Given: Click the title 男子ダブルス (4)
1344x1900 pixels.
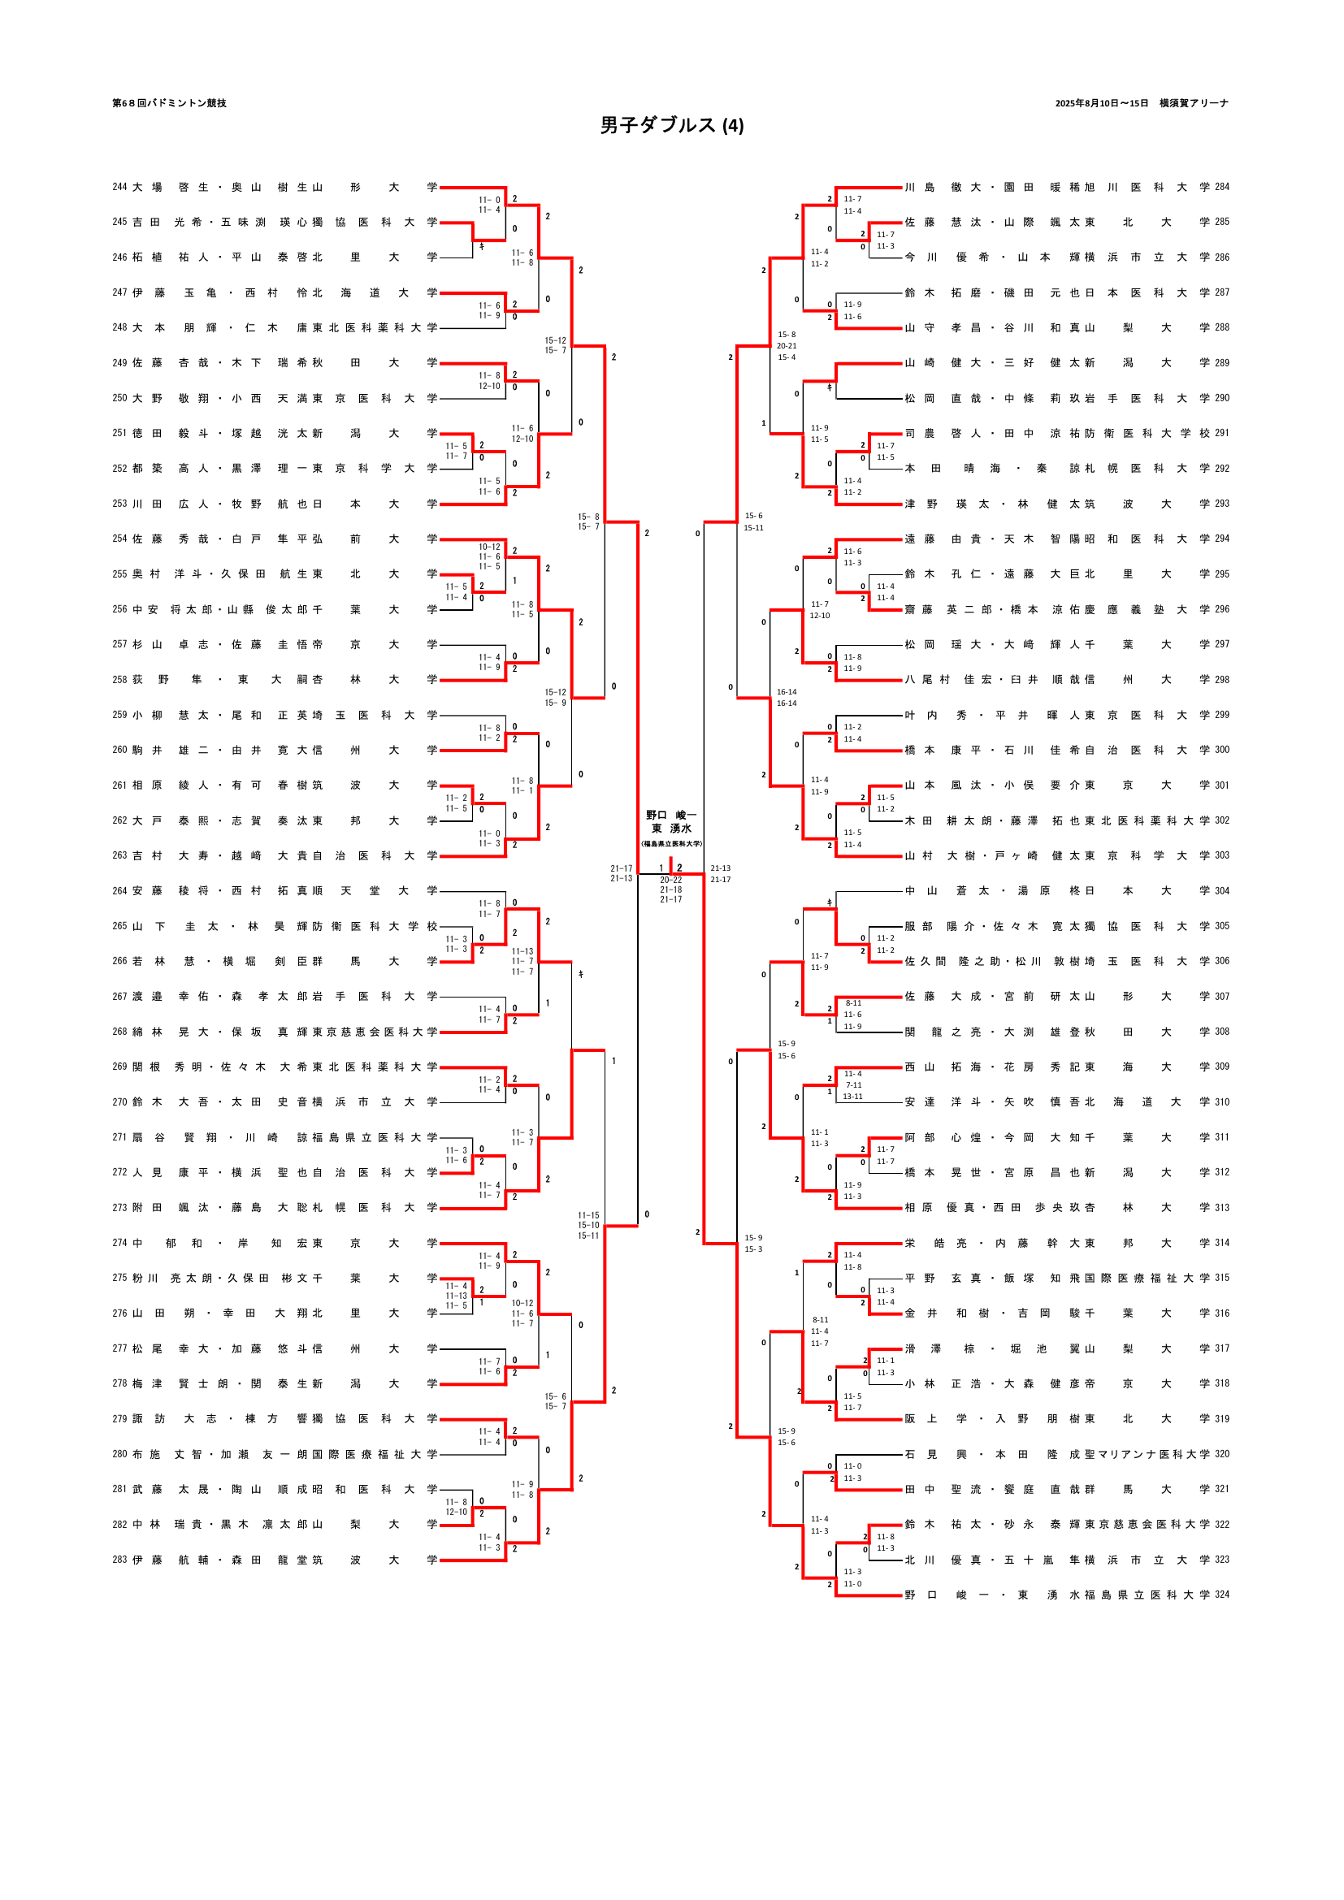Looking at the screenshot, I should click(x=671, y=125).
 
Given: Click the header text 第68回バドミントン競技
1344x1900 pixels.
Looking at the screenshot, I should click(x=170, y=103).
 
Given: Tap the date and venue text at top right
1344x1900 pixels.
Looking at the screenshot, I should click(x=1141, y=103).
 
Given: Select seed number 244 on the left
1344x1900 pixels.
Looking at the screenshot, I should click(x=120, y=187).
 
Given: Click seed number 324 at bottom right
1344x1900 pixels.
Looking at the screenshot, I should click(x=1221, y=1595).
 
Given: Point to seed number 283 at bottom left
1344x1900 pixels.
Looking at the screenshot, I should click(x=120, y=1560).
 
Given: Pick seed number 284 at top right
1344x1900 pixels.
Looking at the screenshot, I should click(x=1221, y=187).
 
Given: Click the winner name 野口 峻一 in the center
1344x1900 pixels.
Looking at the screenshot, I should click(x=671, y=815).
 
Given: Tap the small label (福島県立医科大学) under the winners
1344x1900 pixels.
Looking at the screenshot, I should click(x=671, y=843).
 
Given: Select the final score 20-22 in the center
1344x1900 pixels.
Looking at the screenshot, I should click(x=671, y=880).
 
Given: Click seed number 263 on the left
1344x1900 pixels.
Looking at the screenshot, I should click(x=120, y=855).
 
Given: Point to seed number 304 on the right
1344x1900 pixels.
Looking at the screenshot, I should click(x=1221, y=890).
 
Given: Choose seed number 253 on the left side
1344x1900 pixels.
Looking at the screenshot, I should click(x=120, y=504).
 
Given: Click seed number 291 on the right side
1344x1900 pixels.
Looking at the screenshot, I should click(x=1221, y=433).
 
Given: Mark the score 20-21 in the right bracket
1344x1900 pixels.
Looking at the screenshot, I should click(x=787, y=346).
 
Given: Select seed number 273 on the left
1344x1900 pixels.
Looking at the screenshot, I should click(x=120, y=1207).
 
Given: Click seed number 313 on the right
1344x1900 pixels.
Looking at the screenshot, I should click(x=1221, y=1207).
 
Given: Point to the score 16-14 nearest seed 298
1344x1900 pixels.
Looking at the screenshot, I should click(x=787, y=692).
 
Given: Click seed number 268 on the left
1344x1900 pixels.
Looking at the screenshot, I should click(x=120, y=1032).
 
